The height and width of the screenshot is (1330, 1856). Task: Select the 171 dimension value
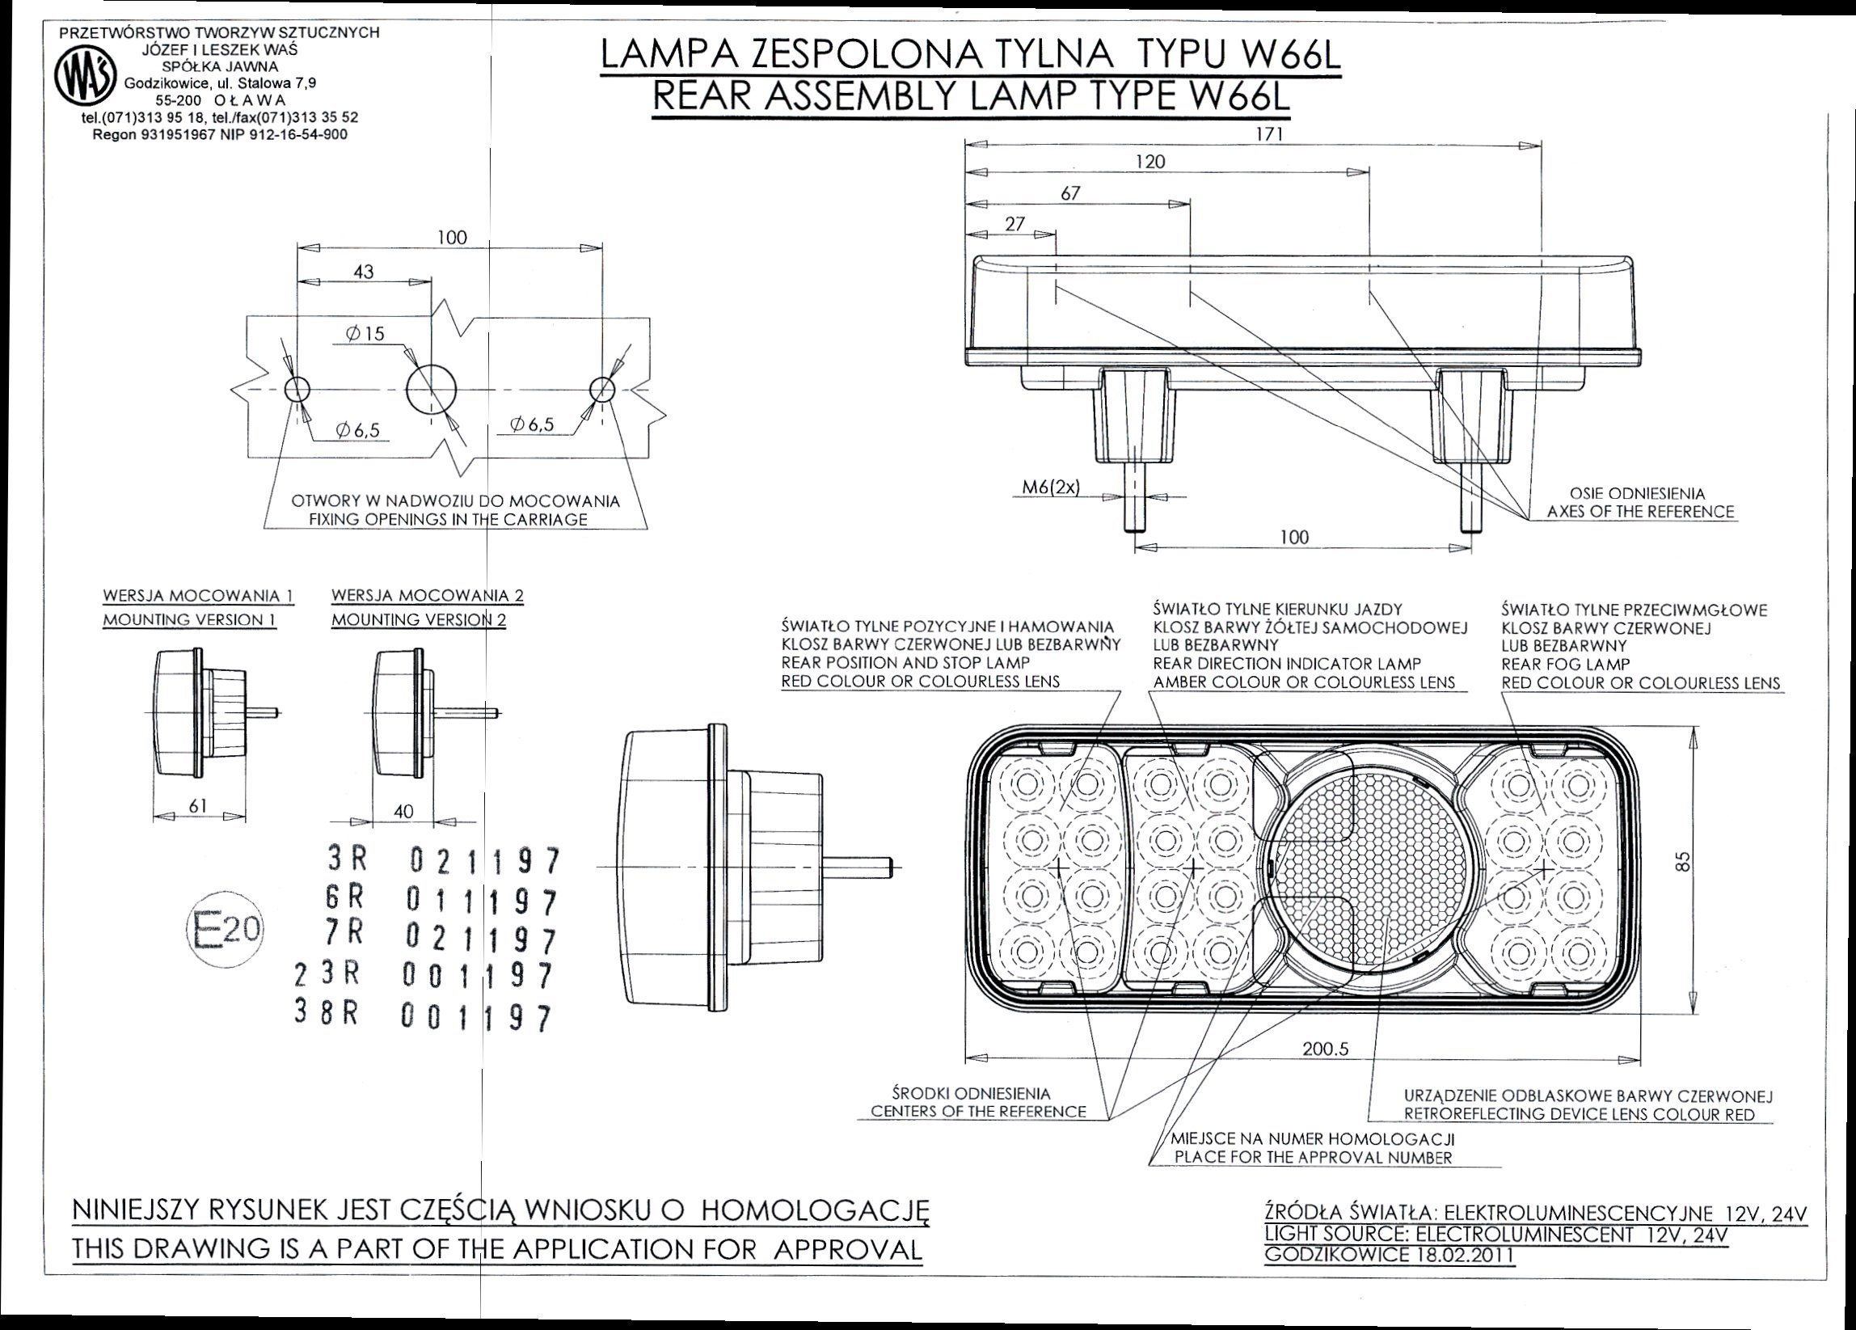tap(1268, 135)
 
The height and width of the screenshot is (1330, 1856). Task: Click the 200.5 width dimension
tap(1325, 1049)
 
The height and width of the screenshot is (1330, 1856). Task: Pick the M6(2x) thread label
tap(1051, 488)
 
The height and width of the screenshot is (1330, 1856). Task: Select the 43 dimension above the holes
tap(363, 272)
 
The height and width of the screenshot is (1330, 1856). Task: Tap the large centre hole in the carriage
tap(432, 390)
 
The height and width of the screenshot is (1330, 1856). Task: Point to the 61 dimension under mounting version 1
tap(197, 805)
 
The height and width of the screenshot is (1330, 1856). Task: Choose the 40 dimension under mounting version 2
tap(403, 811)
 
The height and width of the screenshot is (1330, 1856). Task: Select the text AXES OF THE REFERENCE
tap(1640, 512)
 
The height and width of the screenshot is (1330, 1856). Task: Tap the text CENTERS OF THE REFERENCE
tap(978, 1112)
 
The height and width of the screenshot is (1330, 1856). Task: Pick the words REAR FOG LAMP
tap(1566, 665)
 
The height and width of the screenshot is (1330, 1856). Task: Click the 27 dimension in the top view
tap(1014, 224)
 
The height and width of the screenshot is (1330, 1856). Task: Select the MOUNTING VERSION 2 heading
tap(418, 620)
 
